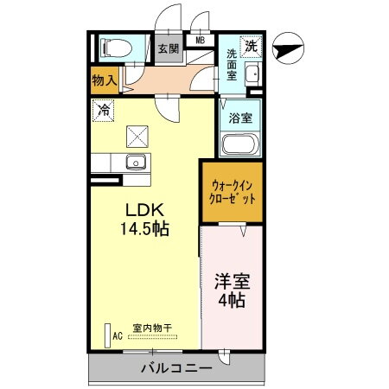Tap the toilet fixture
[x=112, y=48]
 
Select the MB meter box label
[x=200, y=40]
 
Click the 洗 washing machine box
[x=251, y=47]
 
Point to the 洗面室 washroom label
[x=232, y=65]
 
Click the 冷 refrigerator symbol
[x=103, y=110]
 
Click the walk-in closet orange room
[x=233, y=191]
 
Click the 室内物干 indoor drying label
[x=152, y=328]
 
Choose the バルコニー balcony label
[x=176, y=369]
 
